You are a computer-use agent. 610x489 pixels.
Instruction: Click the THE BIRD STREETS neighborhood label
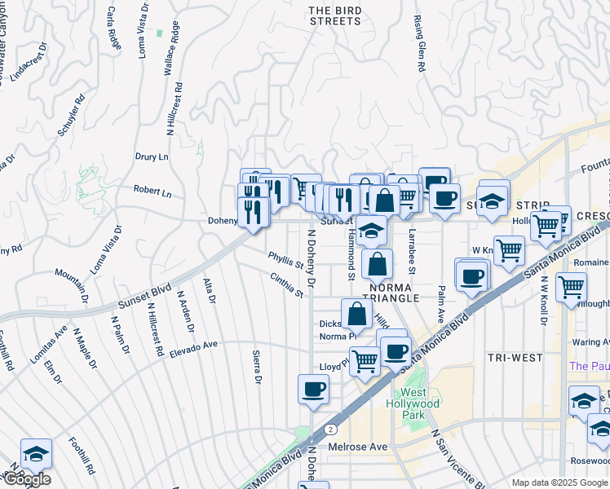[x=334, y=15]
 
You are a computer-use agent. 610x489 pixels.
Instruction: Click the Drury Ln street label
[x=151, y=156]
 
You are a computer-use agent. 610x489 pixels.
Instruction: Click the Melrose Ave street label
[x=357, y=447]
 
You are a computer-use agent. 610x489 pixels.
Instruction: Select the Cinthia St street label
[x=287, y=284]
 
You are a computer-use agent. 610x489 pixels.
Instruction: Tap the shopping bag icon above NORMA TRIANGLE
[x=377, y=263]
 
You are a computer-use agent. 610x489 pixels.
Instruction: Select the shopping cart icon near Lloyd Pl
[x=365, y=359]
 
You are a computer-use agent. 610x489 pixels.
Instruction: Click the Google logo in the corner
[x=26, y=479]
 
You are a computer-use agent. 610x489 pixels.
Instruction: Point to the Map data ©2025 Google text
[x=559, y=483]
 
